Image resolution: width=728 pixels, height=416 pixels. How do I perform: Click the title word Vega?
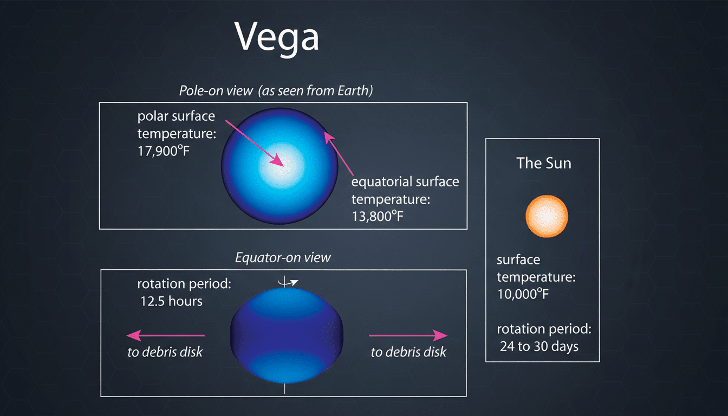(x=277, y=37)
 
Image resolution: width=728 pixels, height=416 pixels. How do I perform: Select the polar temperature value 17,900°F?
(x=167, y=151)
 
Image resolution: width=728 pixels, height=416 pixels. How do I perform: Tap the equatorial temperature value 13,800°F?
(x=378, y=217)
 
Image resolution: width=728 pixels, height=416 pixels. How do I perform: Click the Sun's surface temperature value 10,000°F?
(x=524, y=295)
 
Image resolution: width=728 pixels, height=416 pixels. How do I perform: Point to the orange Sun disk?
(x=547, y=217)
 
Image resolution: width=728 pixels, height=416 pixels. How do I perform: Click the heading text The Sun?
(x=544, y=163)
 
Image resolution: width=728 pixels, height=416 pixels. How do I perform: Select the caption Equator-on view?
(x=282, y=257)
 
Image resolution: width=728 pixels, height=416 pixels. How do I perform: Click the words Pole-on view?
(x=216, y=90)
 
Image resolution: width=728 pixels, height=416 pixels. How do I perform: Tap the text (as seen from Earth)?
(x=316, y=90)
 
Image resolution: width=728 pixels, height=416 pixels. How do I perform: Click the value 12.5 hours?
(x=171, y=301)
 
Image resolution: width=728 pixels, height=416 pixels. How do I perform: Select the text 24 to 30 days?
(x=539, y=347)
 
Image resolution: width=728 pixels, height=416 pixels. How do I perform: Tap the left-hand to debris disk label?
(x=165, y=352)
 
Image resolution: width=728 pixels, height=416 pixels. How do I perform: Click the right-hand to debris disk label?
(x=408, y=352)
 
